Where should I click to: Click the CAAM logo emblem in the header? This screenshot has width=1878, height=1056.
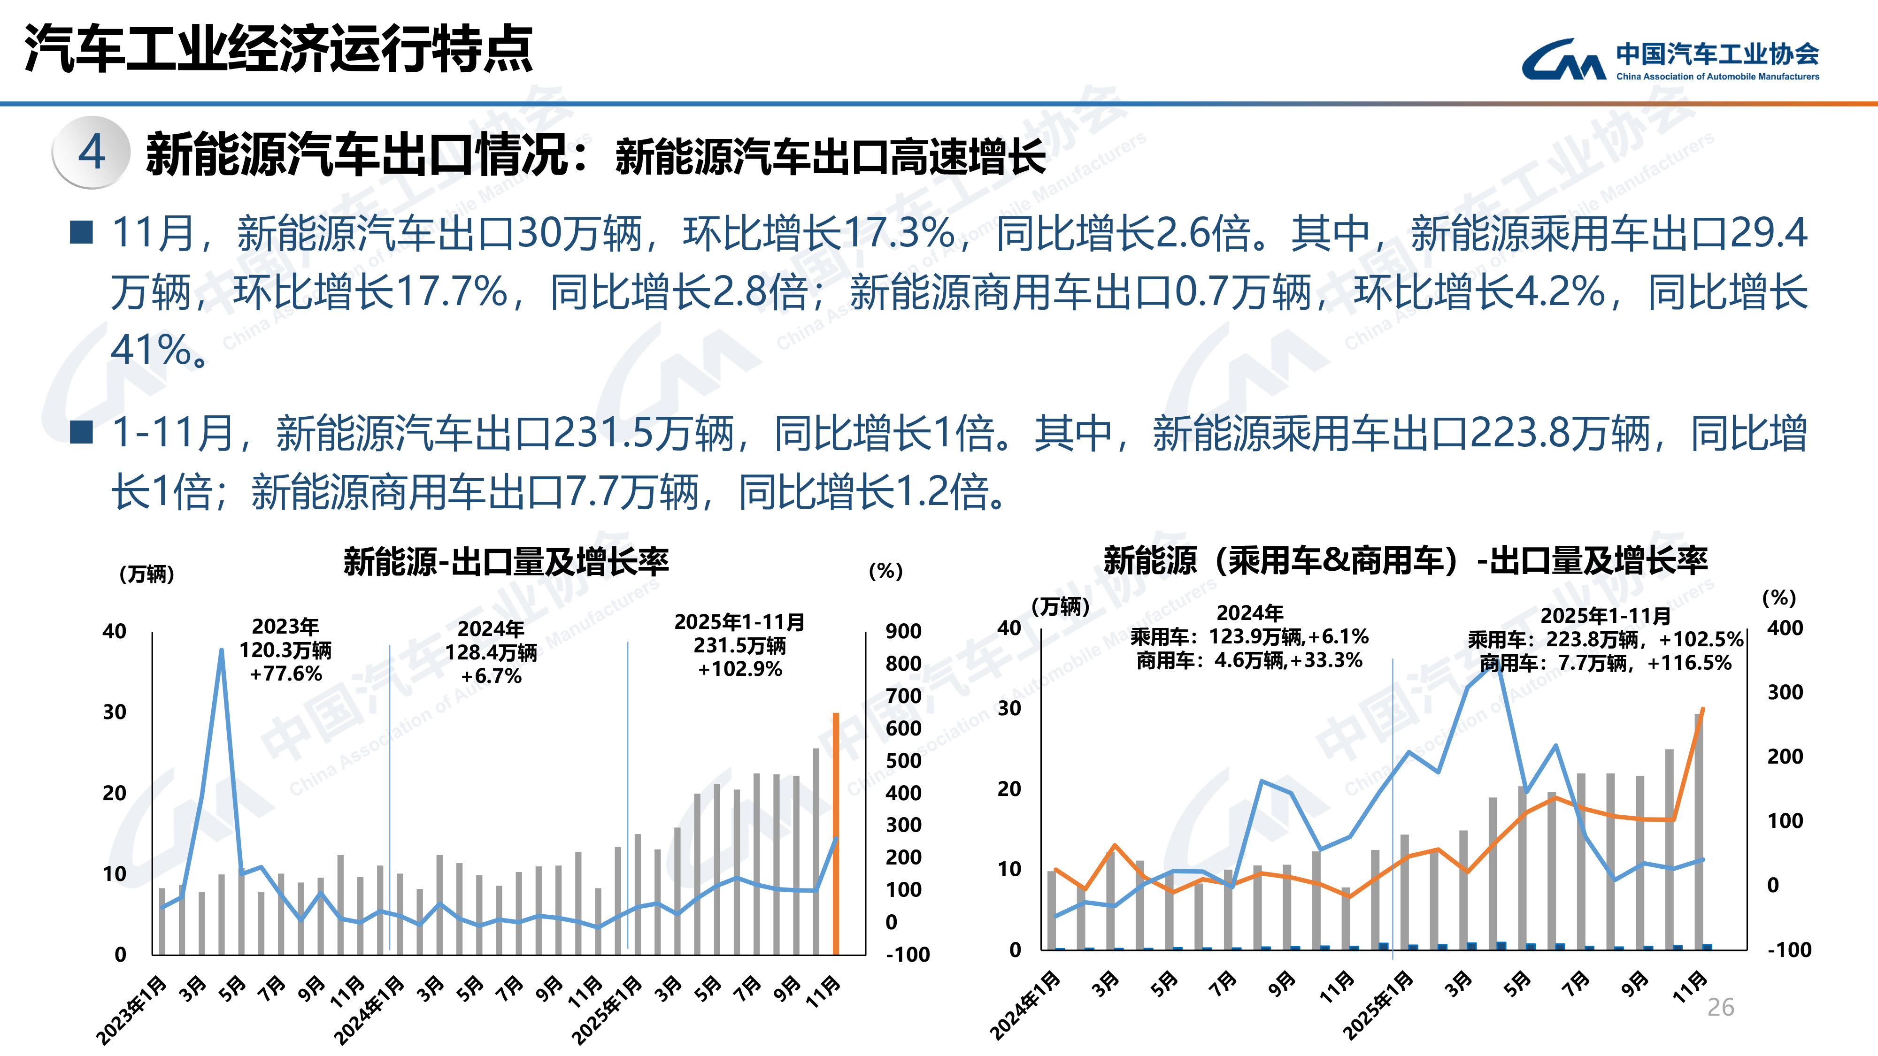1563,60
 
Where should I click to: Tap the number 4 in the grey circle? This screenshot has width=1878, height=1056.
92,153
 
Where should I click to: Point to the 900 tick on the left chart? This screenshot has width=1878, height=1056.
903,631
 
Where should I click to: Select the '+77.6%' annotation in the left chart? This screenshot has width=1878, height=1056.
286,673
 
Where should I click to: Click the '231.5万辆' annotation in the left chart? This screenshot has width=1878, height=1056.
739,646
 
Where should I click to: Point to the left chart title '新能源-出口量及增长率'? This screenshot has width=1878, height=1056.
506,561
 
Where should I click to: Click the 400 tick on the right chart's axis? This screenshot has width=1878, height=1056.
1785,628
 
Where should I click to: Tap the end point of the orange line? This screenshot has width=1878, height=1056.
1702,708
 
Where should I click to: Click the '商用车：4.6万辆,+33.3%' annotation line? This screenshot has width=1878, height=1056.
1249,660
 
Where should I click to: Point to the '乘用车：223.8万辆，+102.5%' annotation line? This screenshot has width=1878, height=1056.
1605,640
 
